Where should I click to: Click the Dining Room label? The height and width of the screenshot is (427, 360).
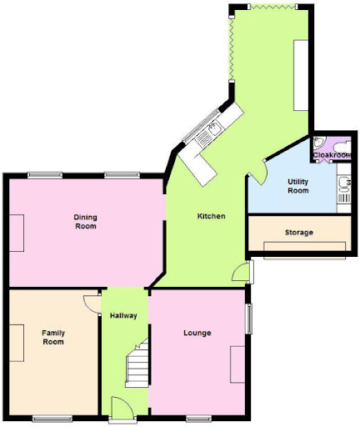click(x=86, y=222)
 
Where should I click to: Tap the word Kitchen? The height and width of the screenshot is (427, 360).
click(x=211, y=216)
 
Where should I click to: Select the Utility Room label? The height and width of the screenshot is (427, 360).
click(x=297, y=186)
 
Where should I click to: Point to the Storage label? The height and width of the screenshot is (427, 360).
click(x=299, y=233)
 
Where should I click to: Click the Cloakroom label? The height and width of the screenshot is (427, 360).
click(x=332, y=155)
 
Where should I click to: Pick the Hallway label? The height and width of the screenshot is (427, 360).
click(x=123, y=315)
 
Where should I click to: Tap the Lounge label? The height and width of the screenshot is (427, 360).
click(x=197, y=333)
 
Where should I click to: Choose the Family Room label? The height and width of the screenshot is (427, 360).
click(x=53, y=337)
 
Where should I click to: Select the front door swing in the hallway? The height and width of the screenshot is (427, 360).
click(x=122, y=406)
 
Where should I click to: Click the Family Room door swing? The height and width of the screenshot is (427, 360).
click(x=92, y=304)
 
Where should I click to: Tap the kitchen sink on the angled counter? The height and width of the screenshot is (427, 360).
click(x=214, y=128)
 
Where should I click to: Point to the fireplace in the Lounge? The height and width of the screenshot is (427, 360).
click(x=237, y=364)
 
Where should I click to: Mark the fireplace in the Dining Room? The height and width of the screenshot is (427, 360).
click(x=17, y=233)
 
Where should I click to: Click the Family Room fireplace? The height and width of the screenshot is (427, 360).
click(x=17, y=343)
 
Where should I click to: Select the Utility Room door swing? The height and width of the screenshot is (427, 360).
click(x=259, y=173)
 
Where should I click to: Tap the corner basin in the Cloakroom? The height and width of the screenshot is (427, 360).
click(x=317, y=142)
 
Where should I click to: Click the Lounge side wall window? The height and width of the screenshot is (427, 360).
click(x=249, y=319)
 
